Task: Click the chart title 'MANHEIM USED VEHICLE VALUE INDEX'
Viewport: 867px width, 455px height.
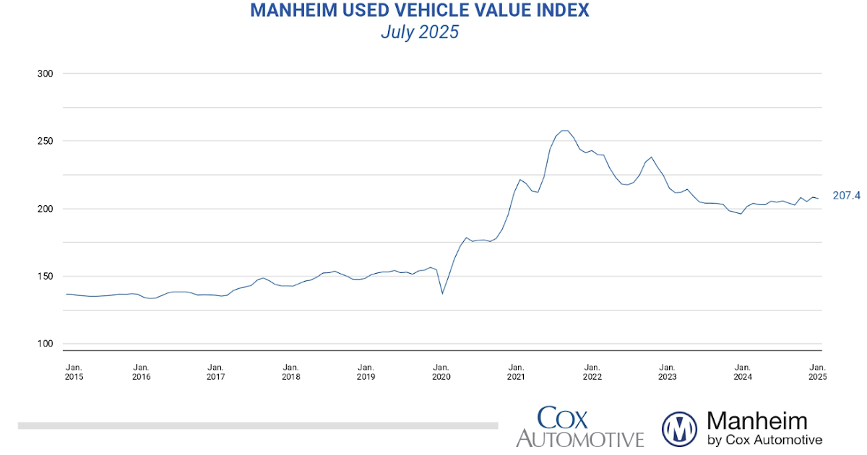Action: tap(419, 10)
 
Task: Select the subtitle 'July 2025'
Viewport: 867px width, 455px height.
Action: tap(419, 32)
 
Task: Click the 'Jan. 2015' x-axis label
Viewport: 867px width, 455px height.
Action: tap(74, 371)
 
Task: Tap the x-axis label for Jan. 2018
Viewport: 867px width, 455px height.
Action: tap(290, 371)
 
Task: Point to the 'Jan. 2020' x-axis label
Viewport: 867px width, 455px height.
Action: tap(441, 371)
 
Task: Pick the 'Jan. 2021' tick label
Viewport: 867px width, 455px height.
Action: tap(516, 371)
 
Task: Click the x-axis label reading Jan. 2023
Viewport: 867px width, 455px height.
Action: tap(667, 371)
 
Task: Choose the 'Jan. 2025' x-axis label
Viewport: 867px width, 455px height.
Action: tap(817, 371)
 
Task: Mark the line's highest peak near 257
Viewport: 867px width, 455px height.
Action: tap(564, 131)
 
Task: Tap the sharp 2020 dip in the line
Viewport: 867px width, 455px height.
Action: tap(442, 293)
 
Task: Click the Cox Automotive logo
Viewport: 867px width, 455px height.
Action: tap(579, 427)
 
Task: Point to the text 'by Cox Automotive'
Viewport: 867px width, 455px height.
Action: tap(764, 440)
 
